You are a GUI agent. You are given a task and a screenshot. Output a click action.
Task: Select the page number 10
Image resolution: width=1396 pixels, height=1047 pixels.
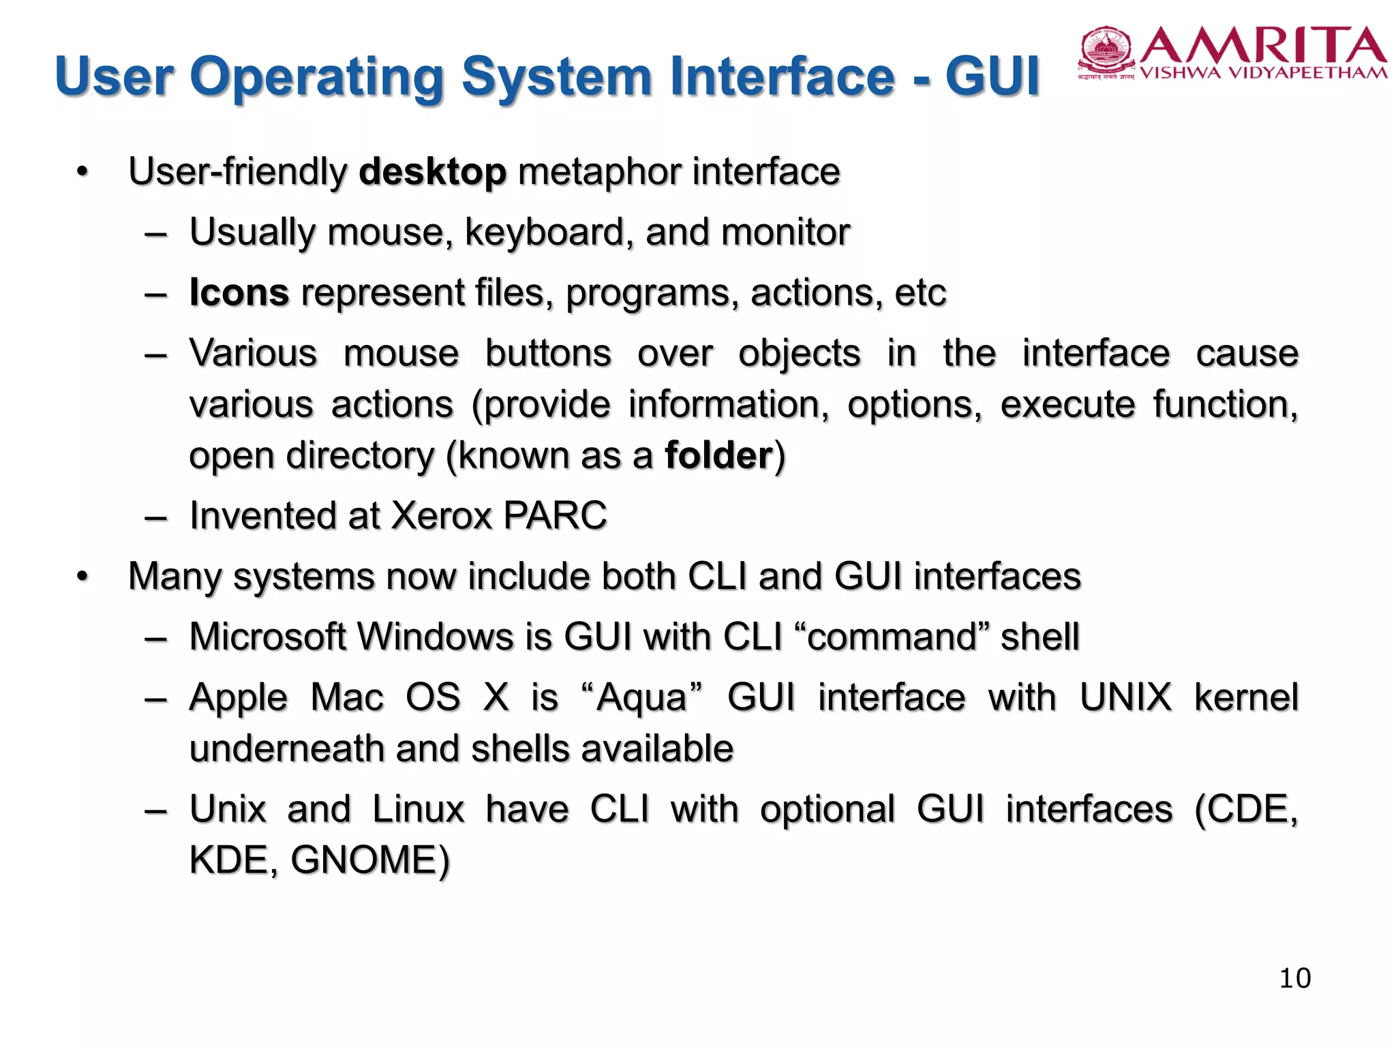coord(1294,978)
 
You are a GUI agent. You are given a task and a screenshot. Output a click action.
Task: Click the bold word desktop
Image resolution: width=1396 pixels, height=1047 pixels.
coord(433,171)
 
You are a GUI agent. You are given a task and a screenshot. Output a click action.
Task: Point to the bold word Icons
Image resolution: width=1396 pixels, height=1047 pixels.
coord(239,292)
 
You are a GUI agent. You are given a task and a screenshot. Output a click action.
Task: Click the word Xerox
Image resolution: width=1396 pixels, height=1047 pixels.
coord(442,515)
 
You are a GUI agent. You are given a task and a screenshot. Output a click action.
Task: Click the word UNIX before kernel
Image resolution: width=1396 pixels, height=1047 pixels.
coord(1125,697)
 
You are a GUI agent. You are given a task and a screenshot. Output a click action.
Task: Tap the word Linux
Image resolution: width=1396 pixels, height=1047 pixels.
coord(419,809)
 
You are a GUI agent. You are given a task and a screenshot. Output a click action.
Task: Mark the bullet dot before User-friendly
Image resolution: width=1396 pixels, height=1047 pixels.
coord(82,172)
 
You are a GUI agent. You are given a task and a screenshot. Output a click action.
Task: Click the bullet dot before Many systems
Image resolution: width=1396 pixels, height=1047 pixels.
coord(82,577)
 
